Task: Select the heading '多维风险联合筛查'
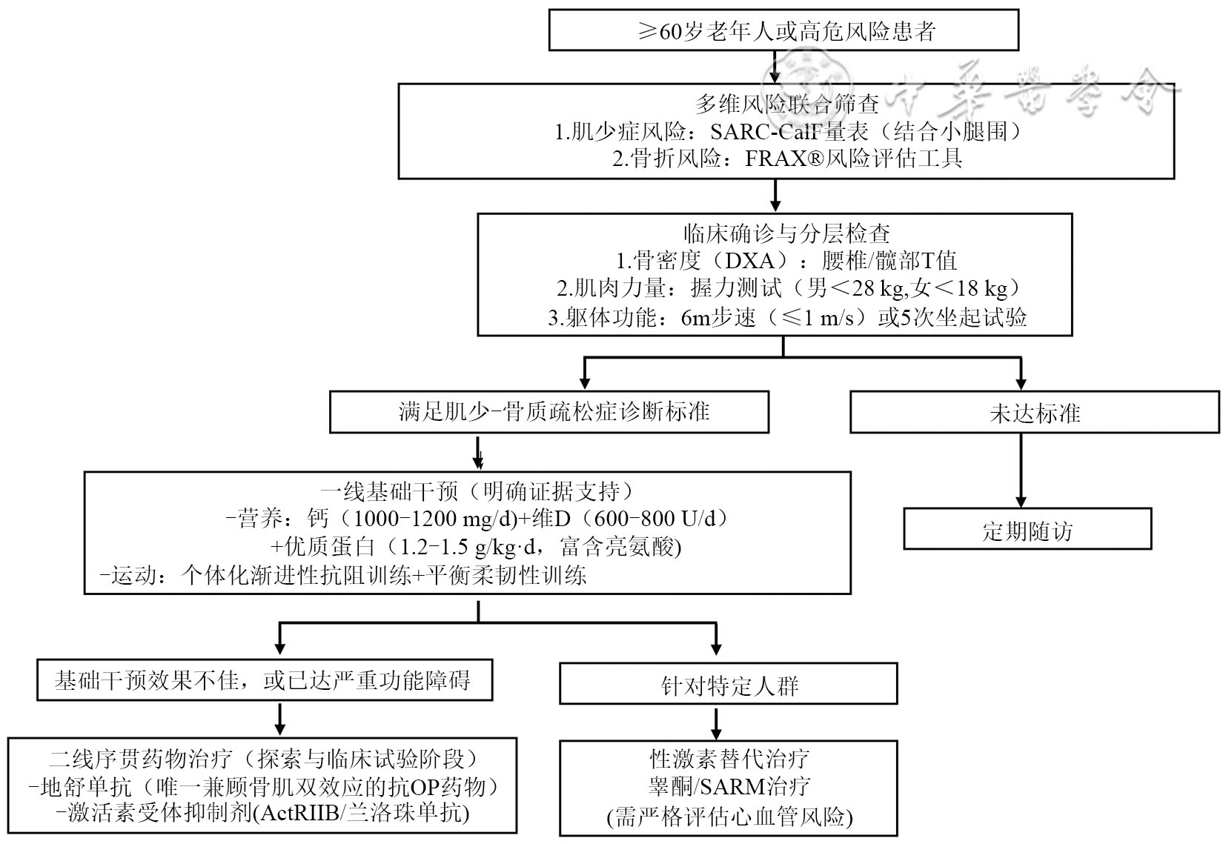pyautogui.click(x=787, y=104)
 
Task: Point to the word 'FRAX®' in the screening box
pyautogui.click(x=784, y=159)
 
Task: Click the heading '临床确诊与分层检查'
pyautogui.click(x=786, y=233)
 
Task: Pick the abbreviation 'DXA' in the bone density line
pyautogui.click(x=749, y=261)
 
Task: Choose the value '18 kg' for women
pyautogui.click(x=982, y=288)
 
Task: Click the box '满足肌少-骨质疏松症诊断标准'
pyautogui.click(x=549, y=412)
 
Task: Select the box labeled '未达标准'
pyautogui.click(x=1035, y=412)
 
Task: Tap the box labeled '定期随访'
pyautogui.click(x=1027, y=529)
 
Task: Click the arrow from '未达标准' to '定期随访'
pyautogui.click(x=1021, y=471)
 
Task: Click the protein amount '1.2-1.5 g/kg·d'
pyautogui.click(x=473, y=546)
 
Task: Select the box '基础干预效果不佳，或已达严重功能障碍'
pyautogui.click(x=265, y=680)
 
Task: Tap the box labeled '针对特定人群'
pyautogui.click(x=728, y=683)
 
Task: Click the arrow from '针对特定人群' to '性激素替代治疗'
pyautogui.click(x=716, y=722)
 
